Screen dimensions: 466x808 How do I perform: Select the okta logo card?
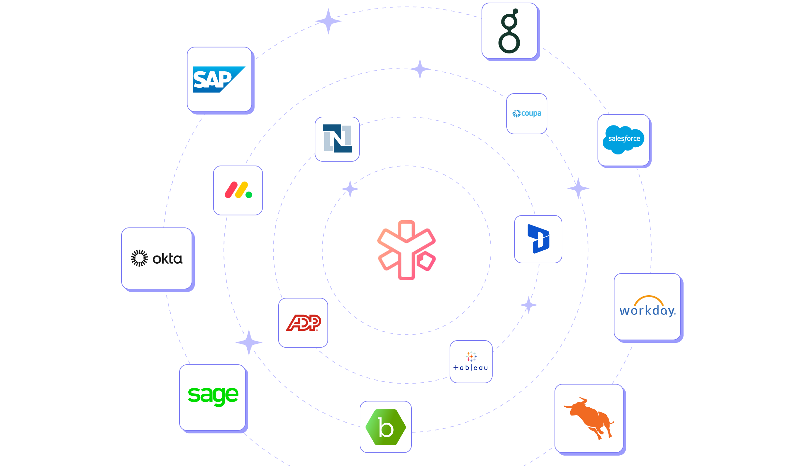(157, 258)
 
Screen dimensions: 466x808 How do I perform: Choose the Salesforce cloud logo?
(624, 139)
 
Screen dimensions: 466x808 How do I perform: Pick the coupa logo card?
(527, 113)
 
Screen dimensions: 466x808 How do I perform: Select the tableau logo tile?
(471, 361)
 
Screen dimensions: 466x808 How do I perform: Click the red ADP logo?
(303, 323)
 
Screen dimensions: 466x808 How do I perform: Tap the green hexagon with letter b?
(386, 427)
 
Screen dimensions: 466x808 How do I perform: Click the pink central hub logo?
(407, 250)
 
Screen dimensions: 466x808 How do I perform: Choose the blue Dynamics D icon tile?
(538, 239)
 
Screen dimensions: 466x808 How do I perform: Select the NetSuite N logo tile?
(337, 139)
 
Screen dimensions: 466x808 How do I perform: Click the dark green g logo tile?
(509, 31)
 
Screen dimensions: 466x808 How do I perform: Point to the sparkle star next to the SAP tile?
(328, 21)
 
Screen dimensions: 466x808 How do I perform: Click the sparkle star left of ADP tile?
(249, 342)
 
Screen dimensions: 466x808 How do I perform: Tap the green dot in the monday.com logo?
(249, 195)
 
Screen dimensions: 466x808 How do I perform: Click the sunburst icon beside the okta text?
(139, 258)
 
